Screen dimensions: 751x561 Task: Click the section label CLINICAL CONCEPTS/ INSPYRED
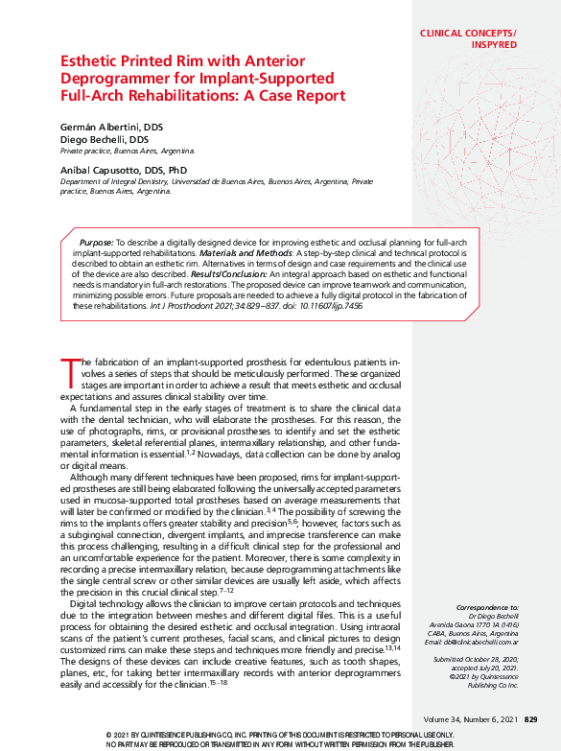468,38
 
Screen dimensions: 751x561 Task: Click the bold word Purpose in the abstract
96,245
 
